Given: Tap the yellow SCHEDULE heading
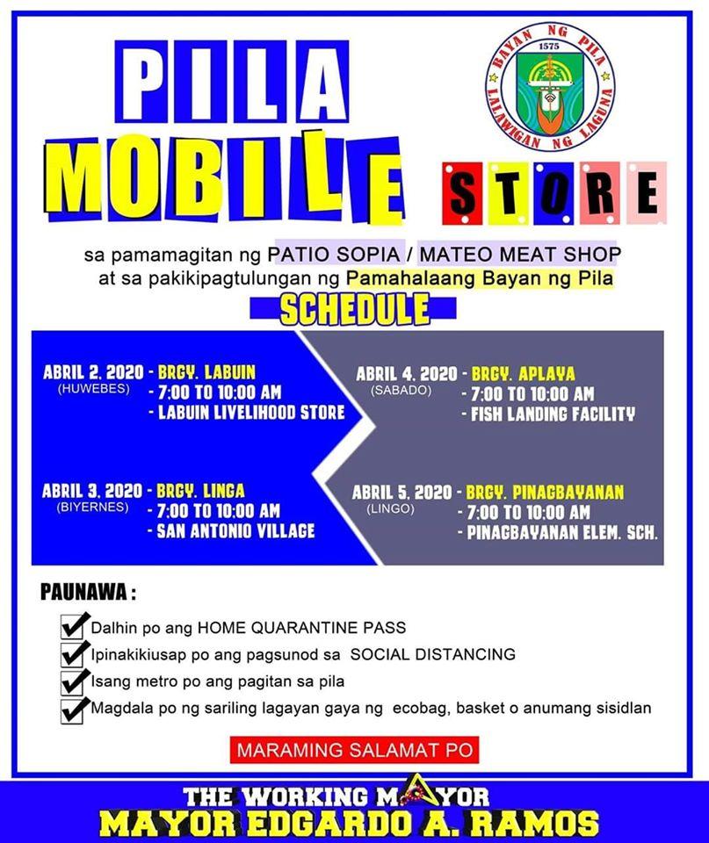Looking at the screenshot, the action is click(355, 309).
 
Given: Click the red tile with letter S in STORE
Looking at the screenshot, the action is click(462, 193).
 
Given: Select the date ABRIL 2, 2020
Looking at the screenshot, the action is click(93, 372).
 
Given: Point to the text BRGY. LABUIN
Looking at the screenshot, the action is click(206, 372).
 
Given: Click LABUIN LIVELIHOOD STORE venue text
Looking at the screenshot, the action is click(251, 413).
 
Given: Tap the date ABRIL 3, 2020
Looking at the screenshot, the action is click(92, 491).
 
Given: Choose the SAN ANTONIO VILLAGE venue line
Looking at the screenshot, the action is click(235, 531).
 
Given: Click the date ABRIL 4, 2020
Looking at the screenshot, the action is click(407, 374).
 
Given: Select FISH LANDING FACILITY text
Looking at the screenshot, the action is click(553, 414).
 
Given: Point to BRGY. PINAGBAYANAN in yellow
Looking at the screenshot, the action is click(545, 493).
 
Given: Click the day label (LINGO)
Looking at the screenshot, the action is click(391, 508).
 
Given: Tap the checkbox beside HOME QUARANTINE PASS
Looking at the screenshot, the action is click(73, 626).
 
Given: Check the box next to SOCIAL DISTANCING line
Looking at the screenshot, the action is click(73, 653).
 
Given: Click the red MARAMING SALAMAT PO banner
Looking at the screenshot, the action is click(355, 750).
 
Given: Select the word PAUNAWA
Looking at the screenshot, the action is click(84, 593).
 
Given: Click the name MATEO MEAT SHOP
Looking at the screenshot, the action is click(520, 254).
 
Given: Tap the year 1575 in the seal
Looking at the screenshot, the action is click(549, 47).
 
